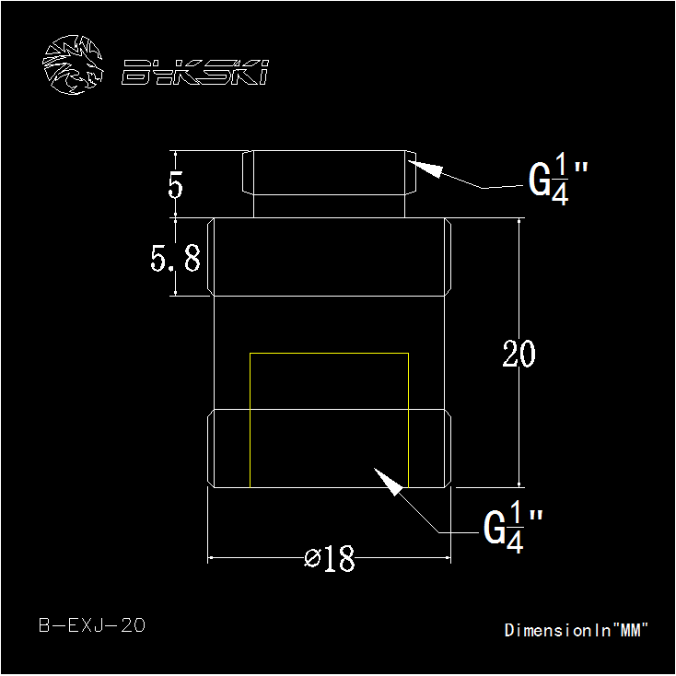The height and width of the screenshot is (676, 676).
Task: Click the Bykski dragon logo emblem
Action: pos(73,64)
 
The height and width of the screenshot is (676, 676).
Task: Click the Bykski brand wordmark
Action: pos(195,72)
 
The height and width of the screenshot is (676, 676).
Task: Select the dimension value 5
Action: pos(175,185)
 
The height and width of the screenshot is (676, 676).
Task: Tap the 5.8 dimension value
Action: pos(176,258)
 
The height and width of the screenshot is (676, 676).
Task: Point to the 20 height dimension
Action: pos(519,354)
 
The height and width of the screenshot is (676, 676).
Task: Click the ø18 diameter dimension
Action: pos(330,558)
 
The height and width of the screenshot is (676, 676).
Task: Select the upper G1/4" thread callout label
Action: pos(558,180)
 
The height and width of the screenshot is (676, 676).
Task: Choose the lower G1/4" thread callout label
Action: pos(513,527)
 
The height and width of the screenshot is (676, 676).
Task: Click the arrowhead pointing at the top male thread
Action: pos(425,169)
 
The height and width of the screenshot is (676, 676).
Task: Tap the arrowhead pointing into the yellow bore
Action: pos(388,482)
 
